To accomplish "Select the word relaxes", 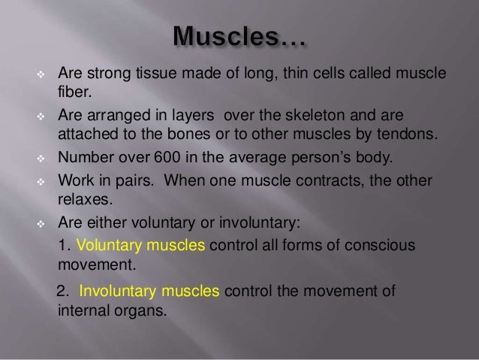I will [82, 203].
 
